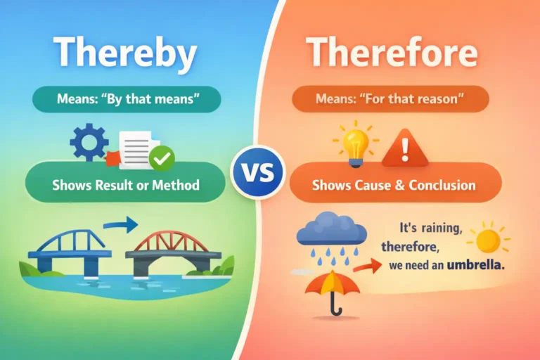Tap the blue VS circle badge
pos(257,172)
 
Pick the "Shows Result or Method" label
pos(126,185)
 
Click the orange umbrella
pos(333,288)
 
